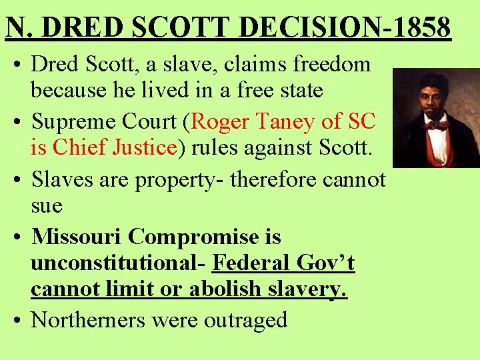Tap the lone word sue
coord(47,205)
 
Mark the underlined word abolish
coord(219,289)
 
